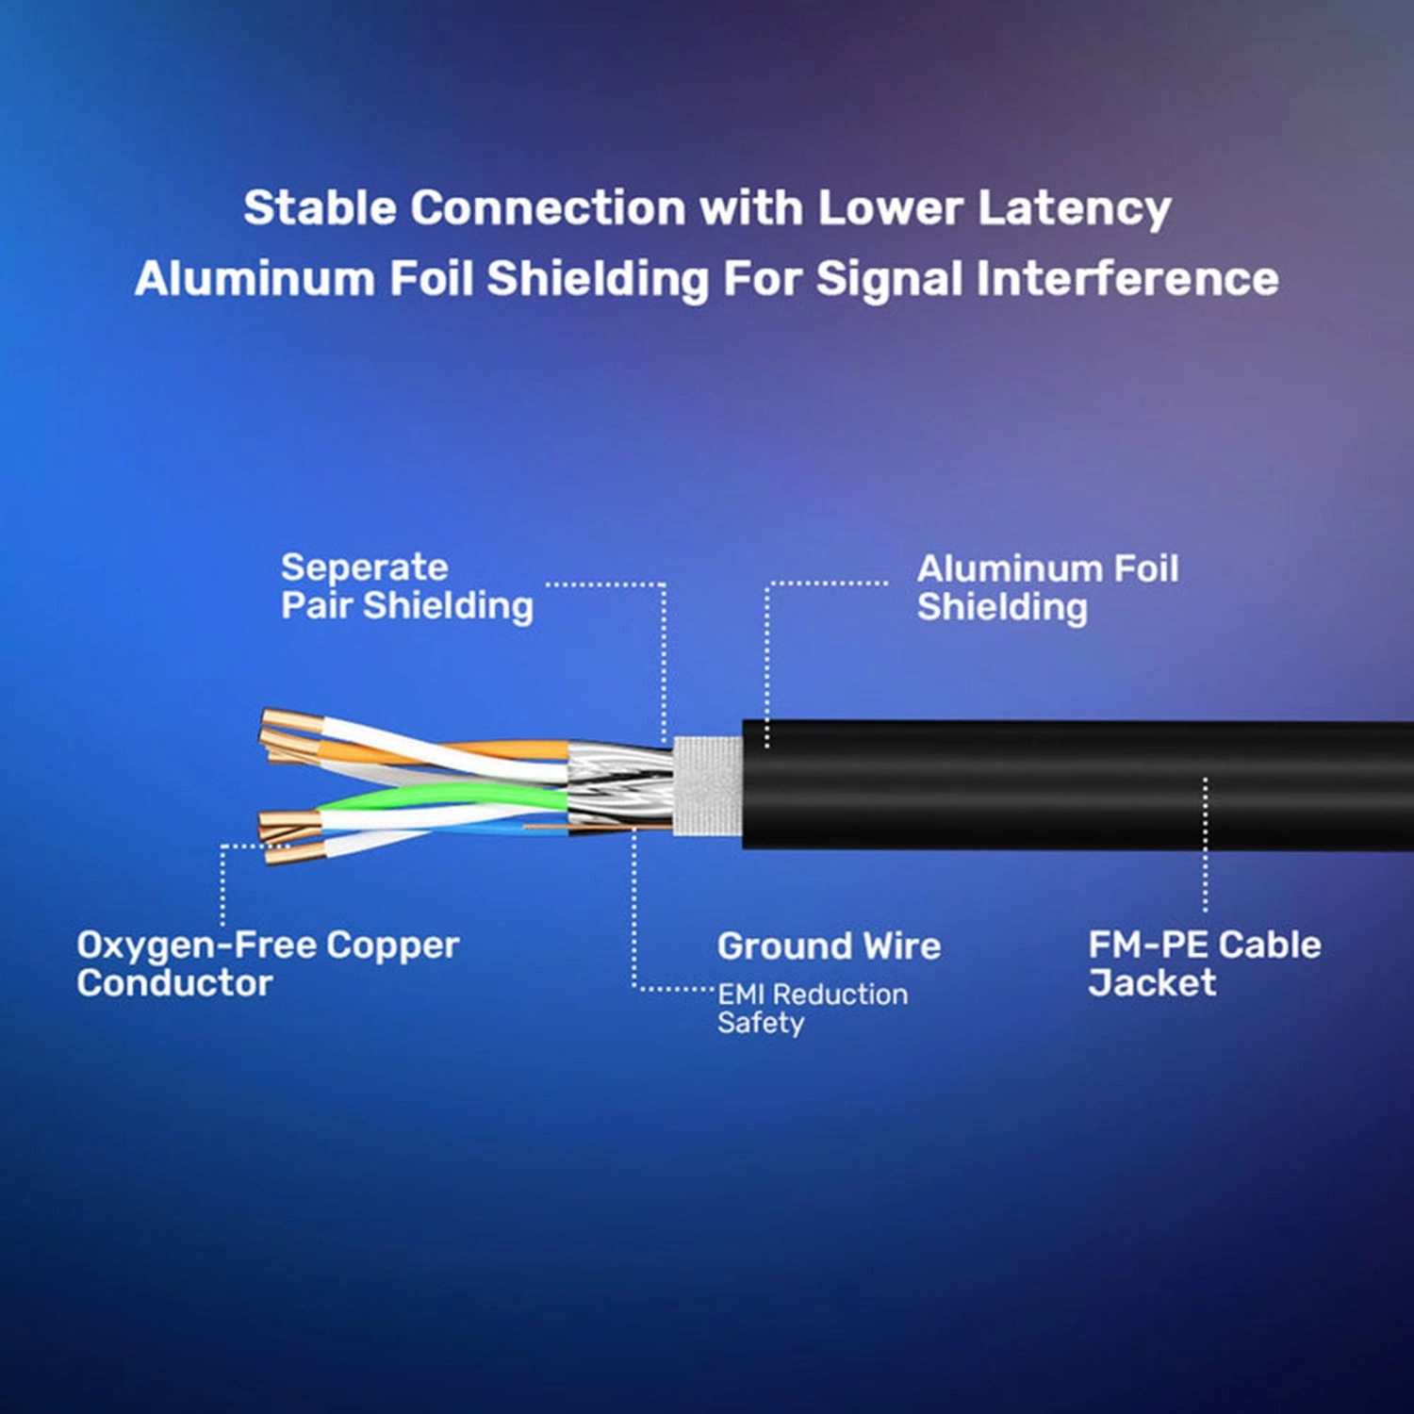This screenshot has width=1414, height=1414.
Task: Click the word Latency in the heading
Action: [x=1074, y=208]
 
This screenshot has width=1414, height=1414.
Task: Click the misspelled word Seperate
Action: [x=364, y=567]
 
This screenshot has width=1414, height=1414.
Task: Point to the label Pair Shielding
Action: [x=406, y=605]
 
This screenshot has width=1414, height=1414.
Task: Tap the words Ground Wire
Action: [x=829, y=945]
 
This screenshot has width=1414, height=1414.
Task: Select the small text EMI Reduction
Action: [x=812, y=994]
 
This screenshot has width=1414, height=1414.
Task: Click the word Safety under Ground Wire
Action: [x=760, y=1023]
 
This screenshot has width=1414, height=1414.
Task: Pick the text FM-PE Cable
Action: [x=1204, y=945]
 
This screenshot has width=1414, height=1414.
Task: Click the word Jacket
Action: [x=1151, y=983]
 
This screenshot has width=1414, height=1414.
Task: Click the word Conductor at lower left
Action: [x=174, y=983]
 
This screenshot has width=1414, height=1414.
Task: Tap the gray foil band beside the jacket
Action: [x=707, y=787]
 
